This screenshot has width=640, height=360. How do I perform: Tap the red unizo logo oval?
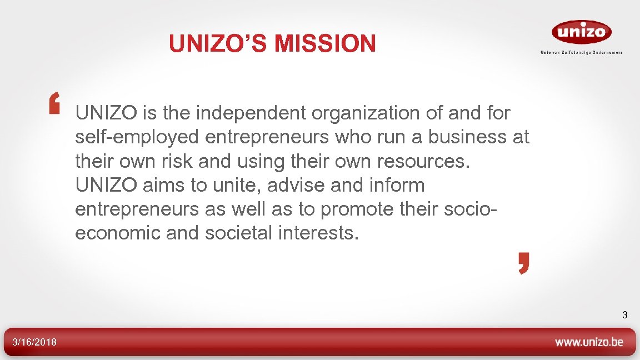(581, 32)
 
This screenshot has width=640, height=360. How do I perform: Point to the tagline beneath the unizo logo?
(581, 52)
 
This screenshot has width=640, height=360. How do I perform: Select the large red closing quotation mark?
(524, 263)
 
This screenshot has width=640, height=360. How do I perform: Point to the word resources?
(423, 161)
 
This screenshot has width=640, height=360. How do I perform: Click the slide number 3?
(624, 316)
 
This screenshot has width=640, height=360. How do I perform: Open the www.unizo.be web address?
(589, 342)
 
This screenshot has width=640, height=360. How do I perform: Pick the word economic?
(117, 233)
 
